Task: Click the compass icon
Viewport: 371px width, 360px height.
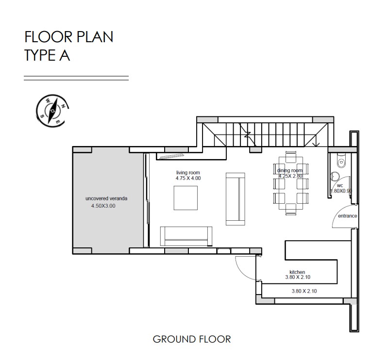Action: [x=52, y=111]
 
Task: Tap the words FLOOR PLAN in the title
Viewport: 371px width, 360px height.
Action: [x=69, y=37]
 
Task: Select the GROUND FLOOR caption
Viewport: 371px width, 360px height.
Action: [x=192, y=339]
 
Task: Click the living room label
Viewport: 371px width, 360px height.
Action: [x=188, y=173]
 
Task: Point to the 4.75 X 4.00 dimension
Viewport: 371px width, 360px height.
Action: [x=188, y=178]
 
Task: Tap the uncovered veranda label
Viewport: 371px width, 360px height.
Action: [x=106, y=198]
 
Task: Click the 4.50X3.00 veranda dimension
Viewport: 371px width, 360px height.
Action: [x=103, y=206]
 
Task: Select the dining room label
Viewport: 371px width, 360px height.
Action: [x=290, y=170]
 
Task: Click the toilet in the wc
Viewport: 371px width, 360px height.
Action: [x=341, y=161]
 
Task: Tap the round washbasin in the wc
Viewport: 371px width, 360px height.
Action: [x=335, y=176]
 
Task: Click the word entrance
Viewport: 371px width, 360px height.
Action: [x=347, y=216]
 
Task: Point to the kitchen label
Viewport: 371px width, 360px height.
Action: [x=297, y=272]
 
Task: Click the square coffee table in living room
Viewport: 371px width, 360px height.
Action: [x=185, y=198]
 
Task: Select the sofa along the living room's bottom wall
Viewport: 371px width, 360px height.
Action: [x=186, y=237]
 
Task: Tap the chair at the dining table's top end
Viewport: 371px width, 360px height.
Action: [x=291, y=157]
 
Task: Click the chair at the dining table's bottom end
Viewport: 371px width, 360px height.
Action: [x=291, y=209]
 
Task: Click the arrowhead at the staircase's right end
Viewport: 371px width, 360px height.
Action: [x=316, y=144]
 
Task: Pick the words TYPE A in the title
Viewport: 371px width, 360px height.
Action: [x=47, y=55]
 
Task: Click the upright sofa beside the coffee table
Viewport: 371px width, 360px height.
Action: [x=236, y=199]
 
